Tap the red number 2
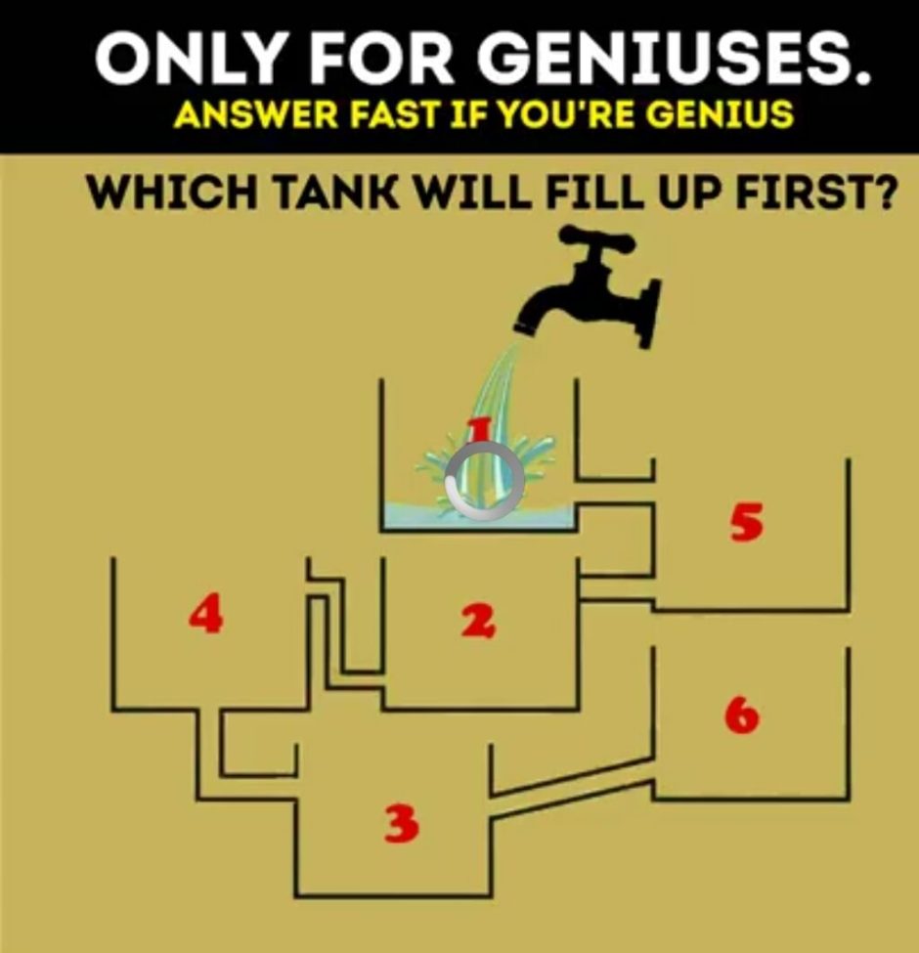point(478,622)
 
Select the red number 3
point(402,824)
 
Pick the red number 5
point(746,523)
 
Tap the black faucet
point(588,284)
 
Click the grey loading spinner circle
point(484,481)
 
